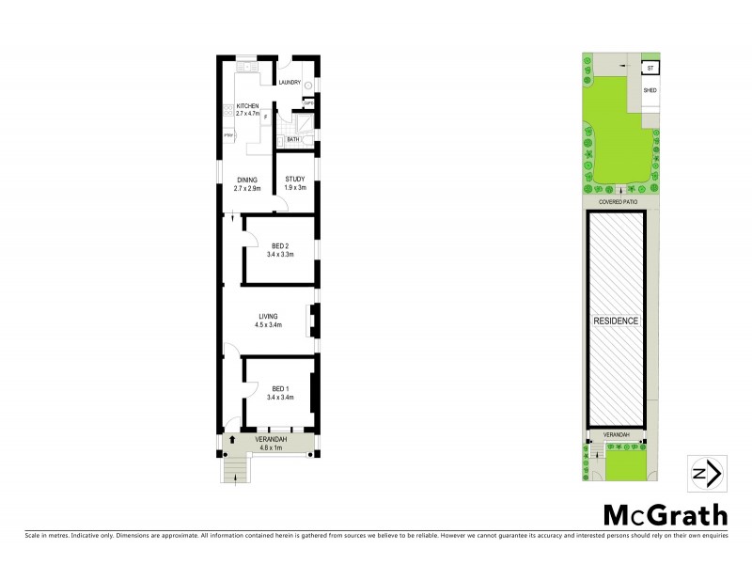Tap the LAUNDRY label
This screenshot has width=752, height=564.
click(x=289, y=83)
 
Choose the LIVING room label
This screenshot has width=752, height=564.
click(x=268, y=320)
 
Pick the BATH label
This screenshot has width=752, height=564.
click(x=293, y=139)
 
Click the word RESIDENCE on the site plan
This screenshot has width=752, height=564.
click(x=617, y=321)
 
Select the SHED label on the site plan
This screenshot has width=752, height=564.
click(x=650, y=90)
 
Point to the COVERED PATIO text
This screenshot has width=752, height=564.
click(x=617, y=201)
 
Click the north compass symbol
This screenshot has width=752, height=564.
click(x=706, y=474)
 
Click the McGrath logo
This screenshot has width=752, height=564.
click(x=664, y=516)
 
